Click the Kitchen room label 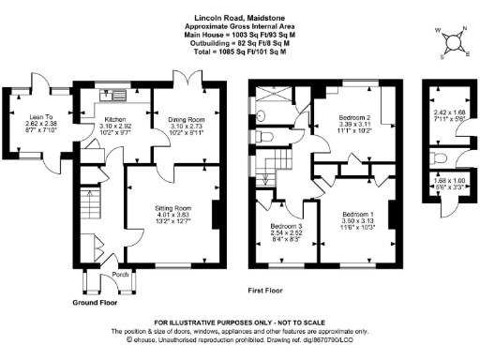pyautogui.click(x=115, y=119)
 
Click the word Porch pyautogui.click(x=119, y=275)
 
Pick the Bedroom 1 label pyautogui.click(x=359, y=215)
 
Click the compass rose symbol pyautogui.click(x=453, y=39)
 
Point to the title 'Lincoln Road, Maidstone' pyautogui.click(x=239, y=17)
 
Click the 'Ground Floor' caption pyautogui.click(x=96, y=303)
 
